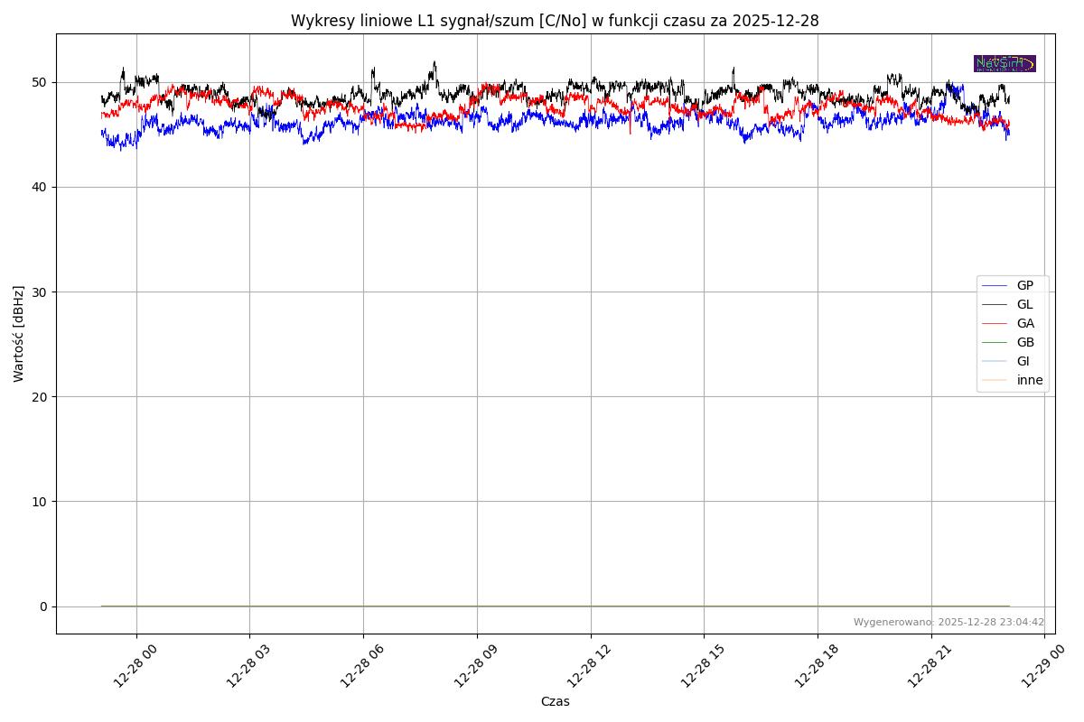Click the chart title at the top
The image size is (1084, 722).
point(555,21)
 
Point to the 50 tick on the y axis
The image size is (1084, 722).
point(42,82)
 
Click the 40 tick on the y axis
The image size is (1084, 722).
point(42,187)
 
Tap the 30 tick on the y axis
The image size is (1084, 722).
point(42,292)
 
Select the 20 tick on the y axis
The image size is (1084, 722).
point(42,396)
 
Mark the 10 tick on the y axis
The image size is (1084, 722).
point(42,501)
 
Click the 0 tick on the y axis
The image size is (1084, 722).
point(44,606)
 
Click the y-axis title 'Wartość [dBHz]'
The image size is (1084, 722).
point(19,334)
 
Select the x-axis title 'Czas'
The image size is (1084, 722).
point(555,701)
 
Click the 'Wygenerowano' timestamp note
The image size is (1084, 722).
point(948,622)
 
